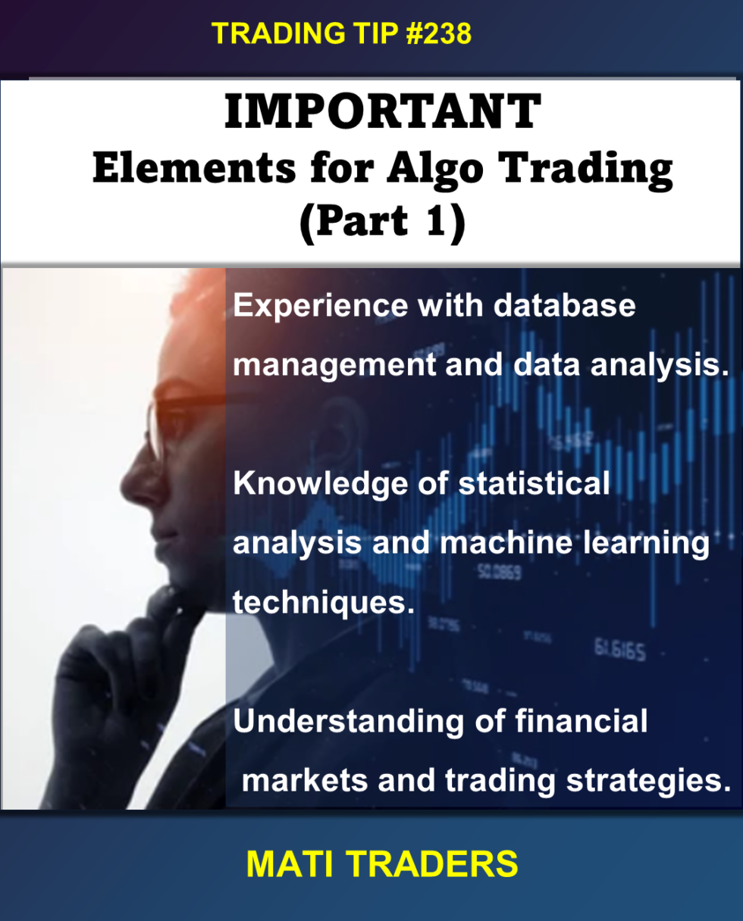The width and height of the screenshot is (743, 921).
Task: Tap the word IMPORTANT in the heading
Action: (382, 114)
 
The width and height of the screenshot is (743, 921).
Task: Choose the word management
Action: (334, 365)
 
